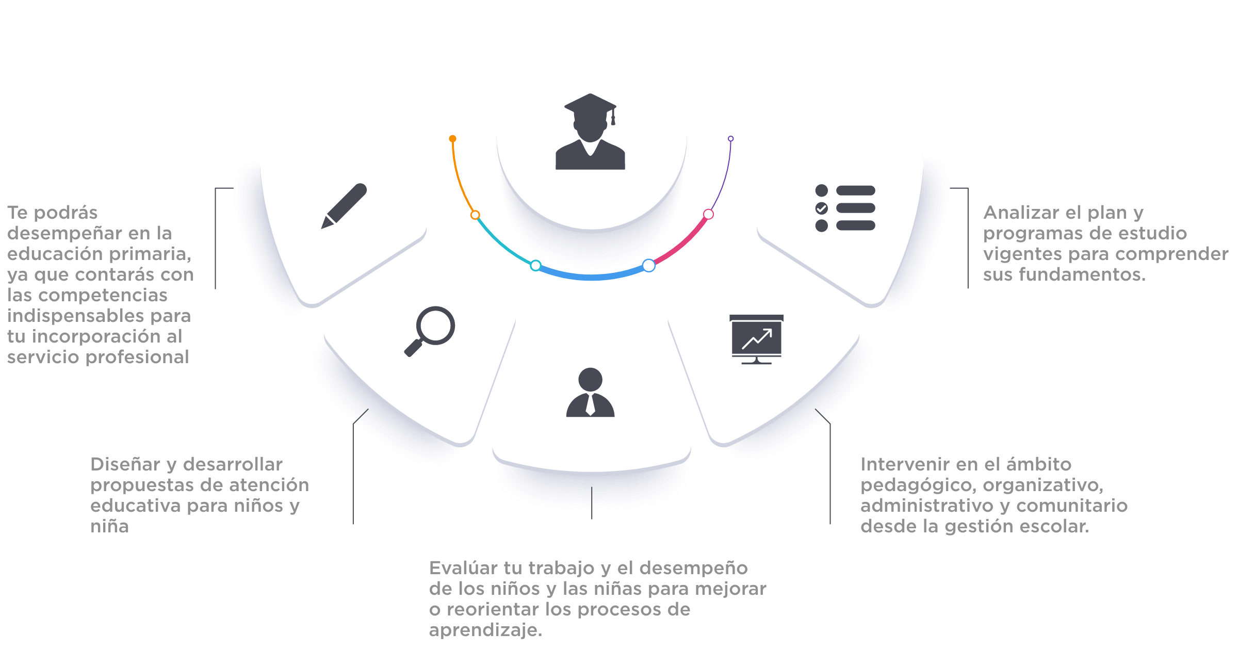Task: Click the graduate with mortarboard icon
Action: [590, 132]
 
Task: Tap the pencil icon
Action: [344, 206]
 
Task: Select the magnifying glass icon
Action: [429, 331]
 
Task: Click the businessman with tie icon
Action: [590, 392]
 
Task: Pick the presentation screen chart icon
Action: [756, 339]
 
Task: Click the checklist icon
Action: [845, 208]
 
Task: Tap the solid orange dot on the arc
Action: [452, 139]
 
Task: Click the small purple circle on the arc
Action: [730, 139]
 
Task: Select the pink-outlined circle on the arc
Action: [708, 214]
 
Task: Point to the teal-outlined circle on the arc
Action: [535, 266]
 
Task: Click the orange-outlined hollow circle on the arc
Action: [475, 215]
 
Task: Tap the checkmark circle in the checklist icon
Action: [821, 208]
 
